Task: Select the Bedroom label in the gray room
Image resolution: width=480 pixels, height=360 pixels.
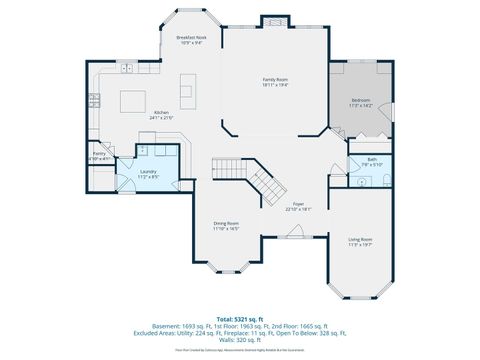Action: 361,102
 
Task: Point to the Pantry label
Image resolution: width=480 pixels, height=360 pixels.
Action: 99,155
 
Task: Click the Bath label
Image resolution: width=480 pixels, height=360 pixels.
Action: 371,161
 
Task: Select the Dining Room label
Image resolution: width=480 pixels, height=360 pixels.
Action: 225,226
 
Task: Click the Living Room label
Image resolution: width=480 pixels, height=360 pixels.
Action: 360,242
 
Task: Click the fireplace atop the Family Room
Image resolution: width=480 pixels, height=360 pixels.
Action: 273,21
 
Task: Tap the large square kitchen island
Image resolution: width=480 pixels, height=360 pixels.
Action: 134,101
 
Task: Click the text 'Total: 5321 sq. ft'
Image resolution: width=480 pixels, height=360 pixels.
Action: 239,318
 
